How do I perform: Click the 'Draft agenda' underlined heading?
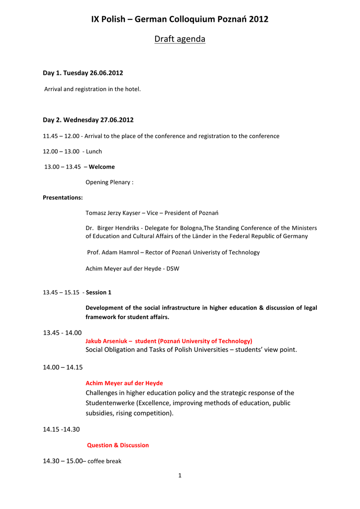pyautogui.click(x=180, y=39)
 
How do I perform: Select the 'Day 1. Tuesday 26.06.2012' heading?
pyautogui.click(x=83, y=73)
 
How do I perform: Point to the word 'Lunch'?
pyautogui.click(x=94, y=151)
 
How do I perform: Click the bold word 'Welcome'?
pyautogui.click(x=101, y=167)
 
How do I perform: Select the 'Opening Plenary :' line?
pyautogui.click(x=109, y=182)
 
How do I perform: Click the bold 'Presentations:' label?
pyautogui.click(x=63, y=197)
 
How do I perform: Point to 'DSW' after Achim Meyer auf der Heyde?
pyautogui.click(x=173, y=268)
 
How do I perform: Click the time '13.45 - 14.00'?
pyautogui.click(x=62, y=333)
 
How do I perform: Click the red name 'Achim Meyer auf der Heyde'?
pyautogui.click(x=124, y=383)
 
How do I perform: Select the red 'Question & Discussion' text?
pyautogui.click(x=118, y=445)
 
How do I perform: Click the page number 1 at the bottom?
pyautogui.click(x=180, y=476)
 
